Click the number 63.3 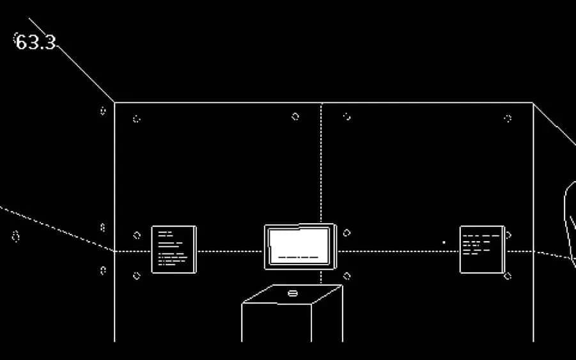[x=36, y=43]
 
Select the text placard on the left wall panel [x=173, y=249]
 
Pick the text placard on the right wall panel [x=482, y=249]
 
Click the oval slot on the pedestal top [x=293, y=293]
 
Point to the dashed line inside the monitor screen [x=299, y=258]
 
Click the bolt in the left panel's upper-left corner [x=136, y=119]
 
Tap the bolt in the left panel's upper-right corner [x=295, y=116]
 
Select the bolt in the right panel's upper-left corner [x=346, y=116]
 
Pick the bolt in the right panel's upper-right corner [x=508, y=118]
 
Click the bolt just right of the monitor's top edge [x=346, y=233]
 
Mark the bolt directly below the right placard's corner [x=508, y=276]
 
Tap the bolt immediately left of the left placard [x=136, y=235]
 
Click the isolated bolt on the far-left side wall [x=16, y=237]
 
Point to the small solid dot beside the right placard [x=444, y=242]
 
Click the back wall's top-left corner [x=114, y=102]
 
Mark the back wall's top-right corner [x=533, y=102]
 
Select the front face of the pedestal [x=276, y=323]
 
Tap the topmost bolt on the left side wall [x=103, y=111]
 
